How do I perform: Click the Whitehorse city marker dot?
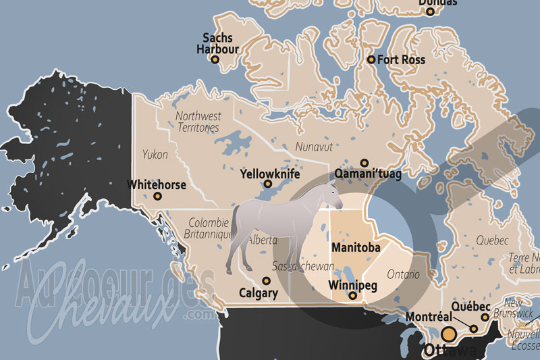158,196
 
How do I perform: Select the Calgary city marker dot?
267,280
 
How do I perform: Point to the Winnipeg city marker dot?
353,295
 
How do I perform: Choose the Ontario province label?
404,275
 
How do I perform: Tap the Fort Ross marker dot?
371,59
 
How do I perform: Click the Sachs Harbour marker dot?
216,59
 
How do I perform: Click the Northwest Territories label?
198,122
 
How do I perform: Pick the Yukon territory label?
155,155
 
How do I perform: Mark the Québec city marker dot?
485,317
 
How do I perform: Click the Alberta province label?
263,240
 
